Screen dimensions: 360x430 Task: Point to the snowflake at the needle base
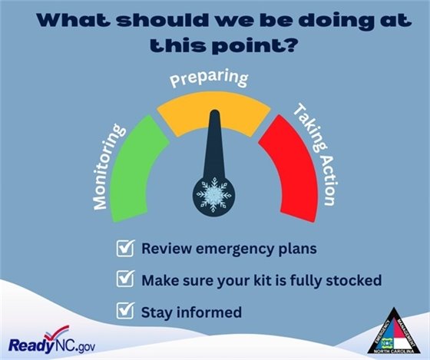(213, 193)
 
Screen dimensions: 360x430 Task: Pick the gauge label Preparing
(209, 79)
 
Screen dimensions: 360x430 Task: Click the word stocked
(353, 280)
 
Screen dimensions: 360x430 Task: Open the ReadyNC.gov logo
(51, 342)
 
